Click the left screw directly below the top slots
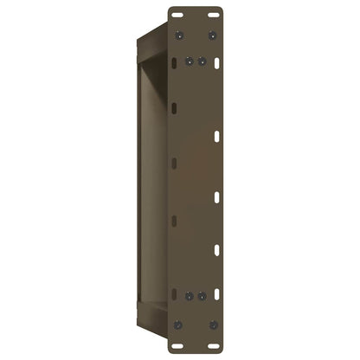click(x=179, y=35)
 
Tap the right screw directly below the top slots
click(x=213, y=35)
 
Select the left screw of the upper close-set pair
click(x=191, y=62)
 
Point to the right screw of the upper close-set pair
click(x=202, y=62)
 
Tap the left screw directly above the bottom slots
click(x=179, y=323)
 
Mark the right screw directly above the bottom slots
click(x=213, y=323)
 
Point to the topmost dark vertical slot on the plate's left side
click(x=175, y=107)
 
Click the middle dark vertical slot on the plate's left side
click(x=175, y=162)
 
